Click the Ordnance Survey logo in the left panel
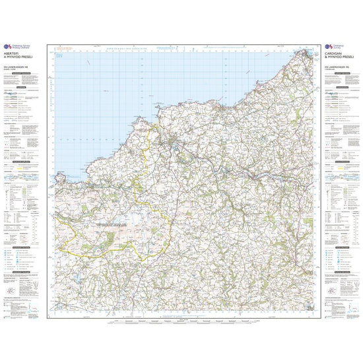click(9, 57)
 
